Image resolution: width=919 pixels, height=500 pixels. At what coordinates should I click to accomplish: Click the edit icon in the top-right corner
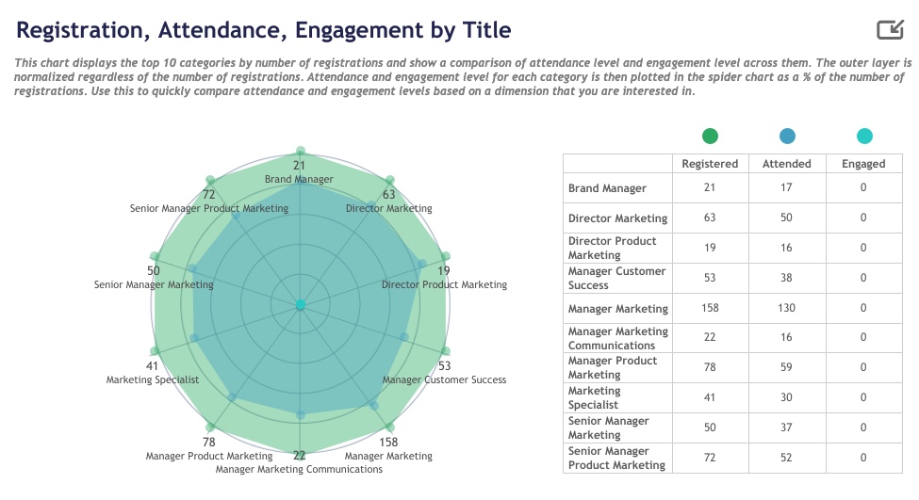point(890,29)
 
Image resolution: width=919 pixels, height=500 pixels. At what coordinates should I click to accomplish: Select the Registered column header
point(710,164)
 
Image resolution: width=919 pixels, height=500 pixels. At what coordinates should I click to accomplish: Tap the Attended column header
point(786,164)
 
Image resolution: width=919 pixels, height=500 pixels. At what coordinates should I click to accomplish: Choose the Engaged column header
point(863,164)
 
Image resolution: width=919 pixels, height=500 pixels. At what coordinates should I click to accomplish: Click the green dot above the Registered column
point(710,137)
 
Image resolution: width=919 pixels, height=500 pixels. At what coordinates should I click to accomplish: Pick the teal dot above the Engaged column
point(864,137)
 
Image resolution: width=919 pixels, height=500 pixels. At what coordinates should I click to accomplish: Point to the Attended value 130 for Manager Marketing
point(786,308)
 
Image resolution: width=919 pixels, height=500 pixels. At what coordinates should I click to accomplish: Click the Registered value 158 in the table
point(710,308)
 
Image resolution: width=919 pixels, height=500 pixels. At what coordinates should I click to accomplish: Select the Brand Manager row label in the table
point(607,188)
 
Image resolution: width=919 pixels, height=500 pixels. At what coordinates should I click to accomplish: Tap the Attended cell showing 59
point(786,367)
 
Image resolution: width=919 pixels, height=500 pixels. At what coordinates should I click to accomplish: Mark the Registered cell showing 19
point(710,248)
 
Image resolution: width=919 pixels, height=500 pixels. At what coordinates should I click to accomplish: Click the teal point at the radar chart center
point(301,305)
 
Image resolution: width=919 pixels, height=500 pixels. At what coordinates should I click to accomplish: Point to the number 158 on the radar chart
point(388,442)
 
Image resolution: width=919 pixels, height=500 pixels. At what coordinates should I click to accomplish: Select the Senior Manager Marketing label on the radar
point(154,285)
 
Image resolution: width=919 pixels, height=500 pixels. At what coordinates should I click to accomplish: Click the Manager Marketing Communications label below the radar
point(299,470)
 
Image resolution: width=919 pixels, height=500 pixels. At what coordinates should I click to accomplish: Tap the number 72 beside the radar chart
point(208,195)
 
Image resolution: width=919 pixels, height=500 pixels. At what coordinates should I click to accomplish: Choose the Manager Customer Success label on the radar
point(444,380)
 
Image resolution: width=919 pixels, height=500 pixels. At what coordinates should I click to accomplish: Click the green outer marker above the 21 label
point(300,151)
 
